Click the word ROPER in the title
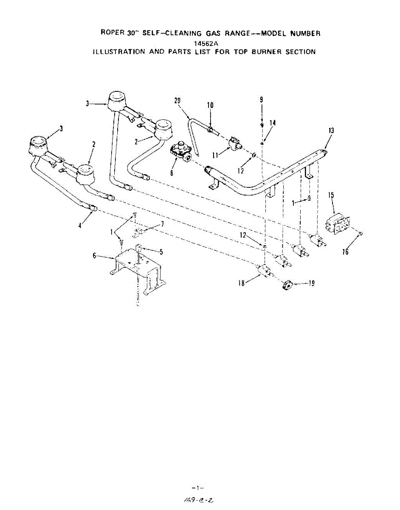point(109,33)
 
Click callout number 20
point(177,101)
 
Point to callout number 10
point(210,105)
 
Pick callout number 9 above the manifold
point(262,100)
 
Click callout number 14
point(273,123)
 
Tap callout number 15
point(331,195)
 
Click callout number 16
point(345,252)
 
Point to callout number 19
point(311,283)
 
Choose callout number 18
point(241,283)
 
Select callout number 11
point(215,155)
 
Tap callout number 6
point(95,255)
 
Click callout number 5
point(161,252)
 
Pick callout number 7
point(162,224)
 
